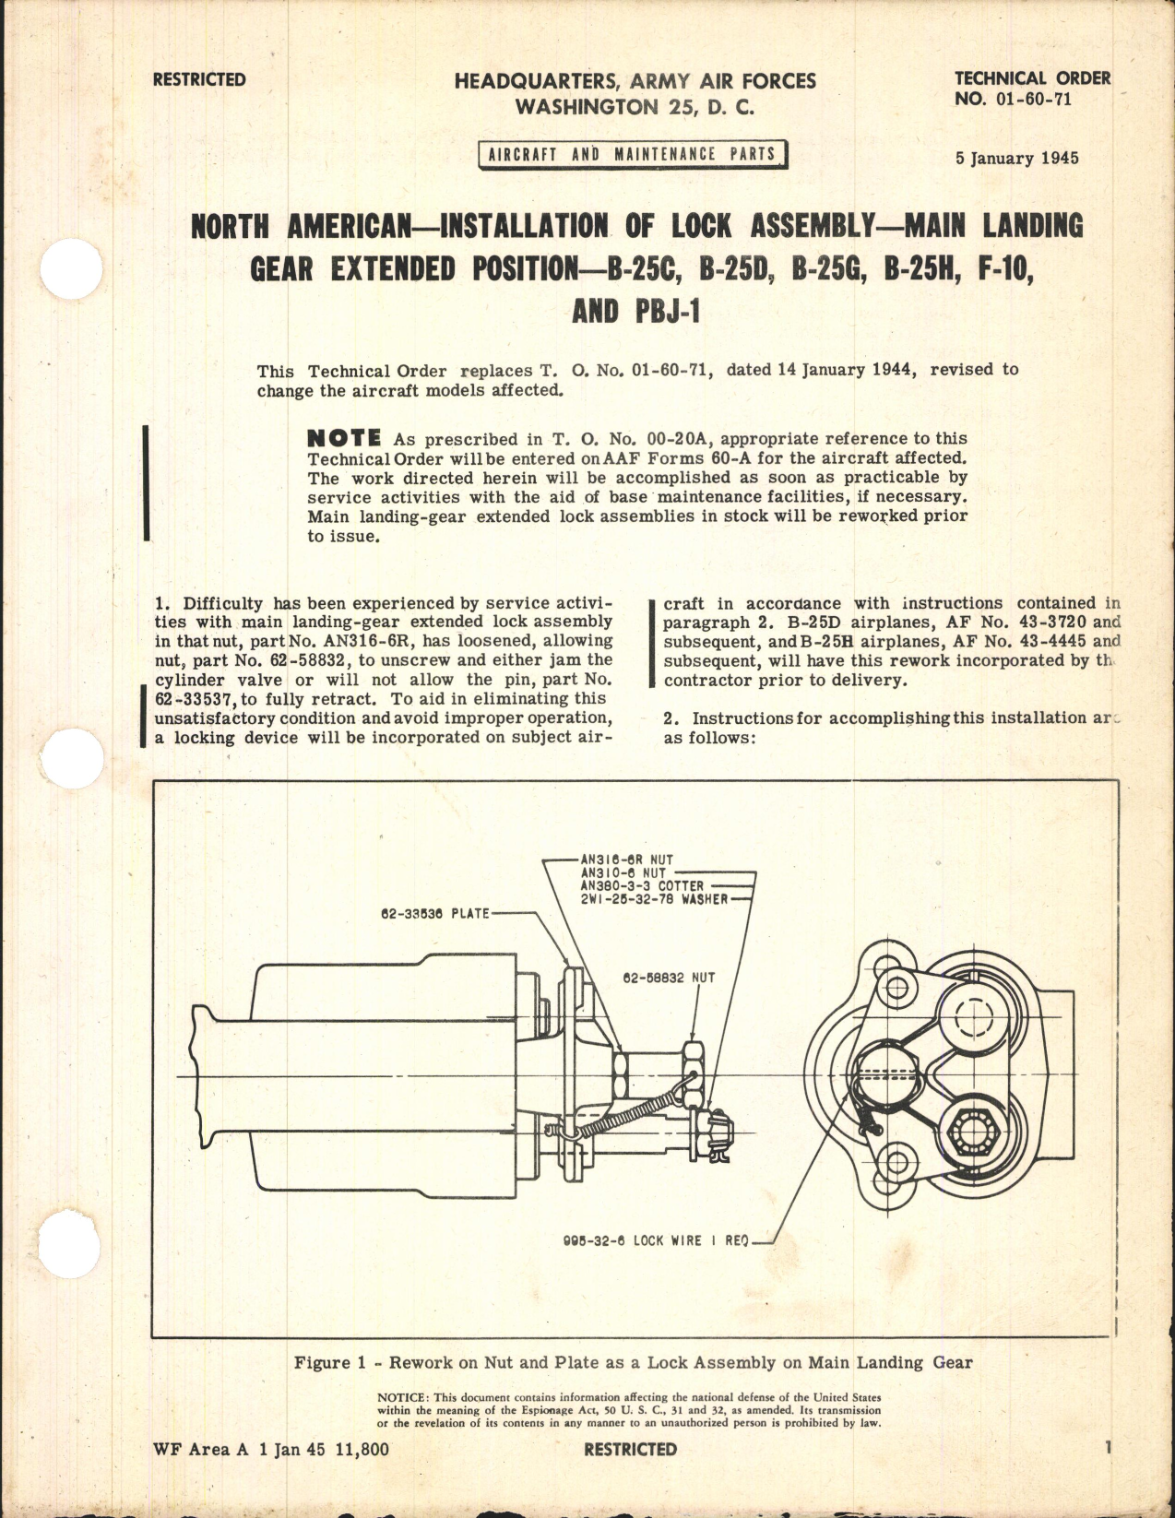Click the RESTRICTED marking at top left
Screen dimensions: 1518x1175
click(x=199, y=80)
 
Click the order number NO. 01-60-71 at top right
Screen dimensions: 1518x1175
click(x=1013, y=99)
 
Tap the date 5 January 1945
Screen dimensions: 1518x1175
click(x=1016, y=158)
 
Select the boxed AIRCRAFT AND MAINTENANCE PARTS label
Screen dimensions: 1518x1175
click(x=632, y=155)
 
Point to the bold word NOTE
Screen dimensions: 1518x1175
click(x=343, y=438)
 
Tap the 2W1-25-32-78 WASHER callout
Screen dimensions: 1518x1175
click(x=654, y=898)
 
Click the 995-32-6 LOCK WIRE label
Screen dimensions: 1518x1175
click(x=656, y=1240)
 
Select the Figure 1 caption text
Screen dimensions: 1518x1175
click(x=633, y=1362)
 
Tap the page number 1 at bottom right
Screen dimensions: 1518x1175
click(x=1107, y=1447)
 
